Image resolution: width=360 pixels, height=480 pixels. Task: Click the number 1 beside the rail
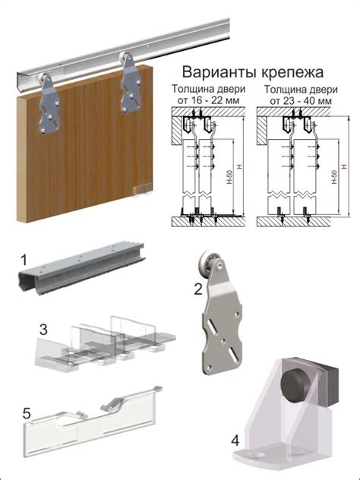click(x=24, y=260)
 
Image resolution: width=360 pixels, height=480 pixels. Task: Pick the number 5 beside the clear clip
click(x=27, y=415)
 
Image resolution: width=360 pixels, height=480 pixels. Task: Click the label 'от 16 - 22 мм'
click(x=204, y=99)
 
